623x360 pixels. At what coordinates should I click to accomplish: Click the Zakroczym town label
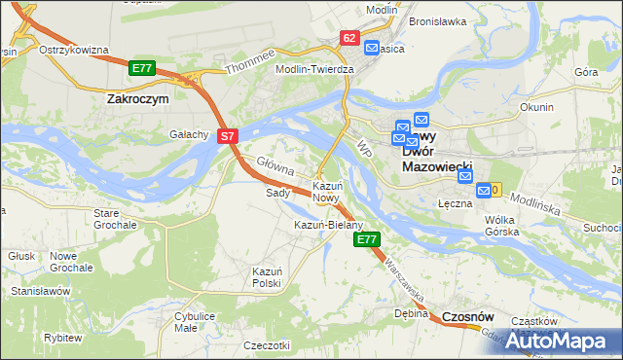coord(137,98)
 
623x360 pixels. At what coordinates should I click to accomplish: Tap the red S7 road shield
coord(226,137)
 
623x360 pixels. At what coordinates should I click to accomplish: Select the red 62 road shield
coord(350,37)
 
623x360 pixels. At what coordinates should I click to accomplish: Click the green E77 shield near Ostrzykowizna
coord(141,67)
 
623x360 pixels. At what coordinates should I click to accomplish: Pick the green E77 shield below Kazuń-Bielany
coord(366,238)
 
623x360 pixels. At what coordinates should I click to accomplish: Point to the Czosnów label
coord(467,317)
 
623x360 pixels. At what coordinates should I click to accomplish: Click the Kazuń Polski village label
coord(266,276)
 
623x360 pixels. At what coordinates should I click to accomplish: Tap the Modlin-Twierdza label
coord(315,70)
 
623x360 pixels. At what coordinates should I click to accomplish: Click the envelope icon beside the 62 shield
coord(372,47)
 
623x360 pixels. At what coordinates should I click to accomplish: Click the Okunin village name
coord(536,107)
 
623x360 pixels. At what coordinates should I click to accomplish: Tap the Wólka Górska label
coord(505,226)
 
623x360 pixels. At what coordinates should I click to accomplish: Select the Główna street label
coord(275,166)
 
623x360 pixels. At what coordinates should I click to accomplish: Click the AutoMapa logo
coord(558,342)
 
